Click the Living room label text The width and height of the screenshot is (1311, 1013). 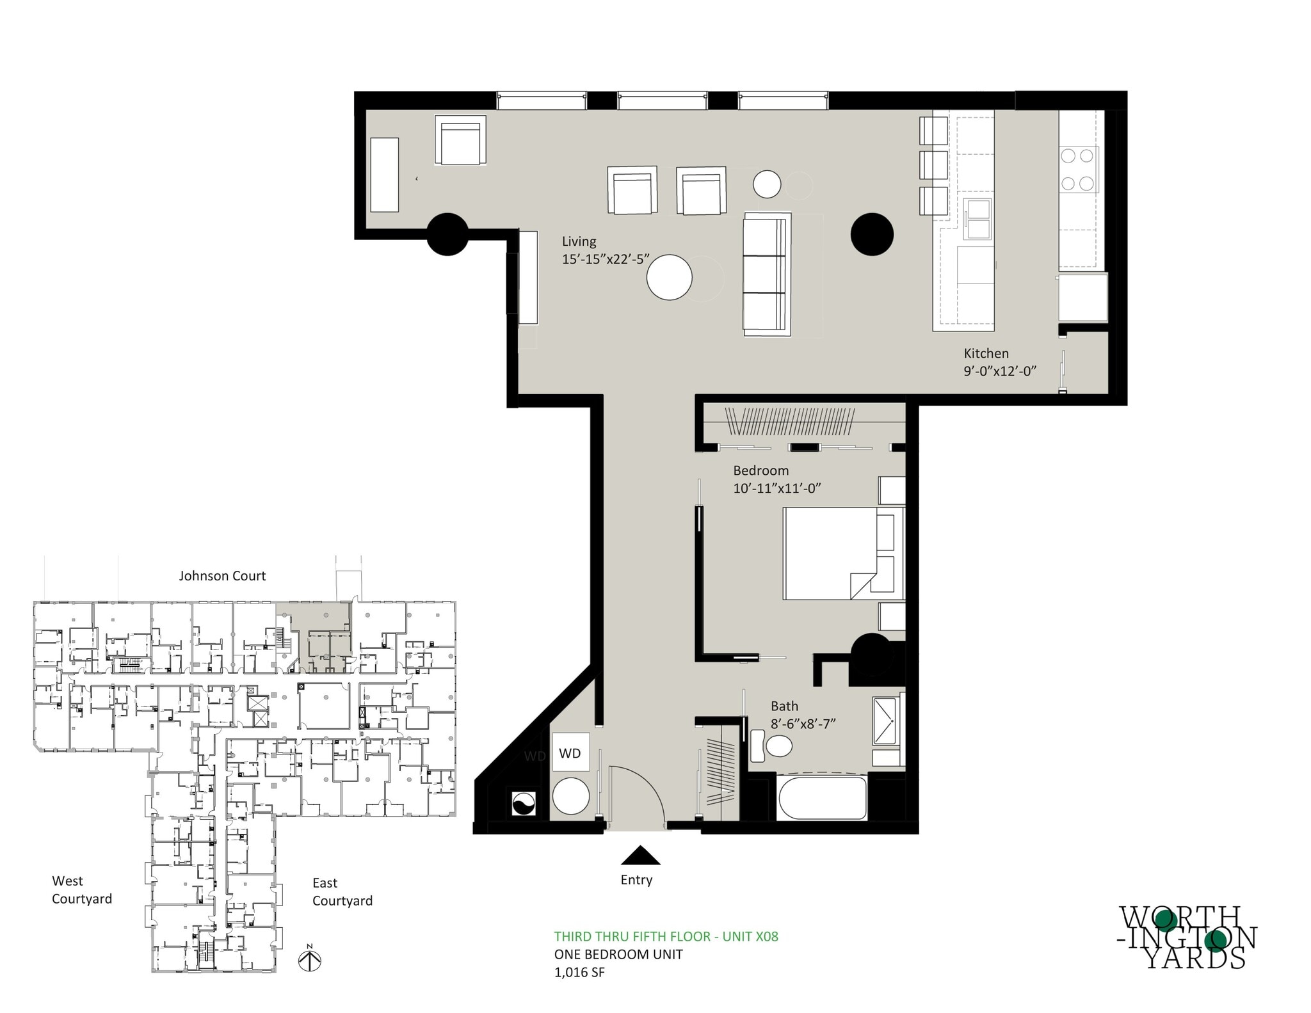point(579,241)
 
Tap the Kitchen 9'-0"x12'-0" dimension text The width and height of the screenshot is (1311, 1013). point(999,371)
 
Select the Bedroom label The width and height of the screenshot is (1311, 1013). point(760,470)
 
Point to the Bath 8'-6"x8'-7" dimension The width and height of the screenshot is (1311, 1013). point(803,724)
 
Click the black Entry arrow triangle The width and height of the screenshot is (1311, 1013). point(640,856)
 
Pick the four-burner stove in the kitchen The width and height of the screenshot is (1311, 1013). point(1078,170)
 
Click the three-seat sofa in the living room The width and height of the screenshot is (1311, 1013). point(766,274)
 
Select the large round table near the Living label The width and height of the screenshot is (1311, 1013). point(669,278)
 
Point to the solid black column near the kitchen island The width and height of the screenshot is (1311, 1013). point(871,234)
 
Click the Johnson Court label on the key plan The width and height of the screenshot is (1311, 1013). point(222,576)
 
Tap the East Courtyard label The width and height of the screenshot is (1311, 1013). point(342,891)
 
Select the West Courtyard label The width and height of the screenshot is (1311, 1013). point(81,889)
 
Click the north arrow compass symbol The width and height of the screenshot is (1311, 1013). point(310,959)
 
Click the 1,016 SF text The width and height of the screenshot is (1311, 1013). point(579,973)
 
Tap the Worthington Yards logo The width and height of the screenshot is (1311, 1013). point(1187,937)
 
